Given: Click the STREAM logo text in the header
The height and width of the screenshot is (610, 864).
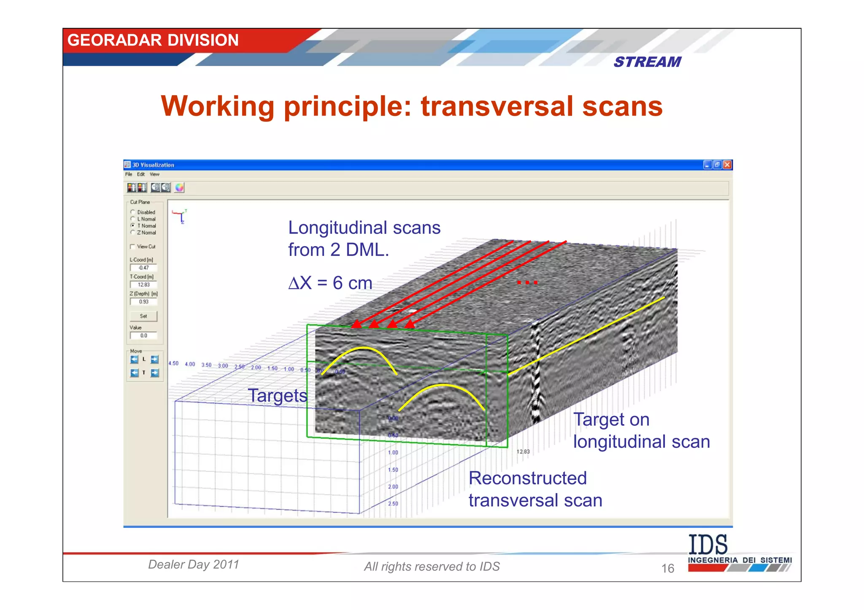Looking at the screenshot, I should [647, 62].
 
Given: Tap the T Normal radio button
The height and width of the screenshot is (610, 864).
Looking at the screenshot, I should [133, 226].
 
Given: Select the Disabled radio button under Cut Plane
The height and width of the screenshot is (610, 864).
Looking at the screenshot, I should [133, 212].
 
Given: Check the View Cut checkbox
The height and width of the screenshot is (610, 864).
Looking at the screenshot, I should [132, 247].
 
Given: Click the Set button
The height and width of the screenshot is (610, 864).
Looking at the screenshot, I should [143, 316].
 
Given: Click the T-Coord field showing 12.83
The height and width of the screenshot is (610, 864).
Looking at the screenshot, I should [143, 285].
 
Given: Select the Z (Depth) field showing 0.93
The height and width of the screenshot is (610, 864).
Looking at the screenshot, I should [143, 302].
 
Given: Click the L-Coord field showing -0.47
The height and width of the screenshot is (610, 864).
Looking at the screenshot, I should [143, 268].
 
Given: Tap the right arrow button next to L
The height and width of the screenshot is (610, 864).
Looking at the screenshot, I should [155, 359].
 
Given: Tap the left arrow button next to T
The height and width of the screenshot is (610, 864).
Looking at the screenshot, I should [134, 373].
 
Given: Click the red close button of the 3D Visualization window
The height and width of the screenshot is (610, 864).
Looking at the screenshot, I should [727, 165].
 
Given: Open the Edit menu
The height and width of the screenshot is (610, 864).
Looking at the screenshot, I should [141, 174].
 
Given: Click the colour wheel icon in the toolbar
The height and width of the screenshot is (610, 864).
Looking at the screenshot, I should [179, 188].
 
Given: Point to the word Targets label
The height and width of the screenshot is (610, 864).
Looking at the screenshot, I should [277, 395].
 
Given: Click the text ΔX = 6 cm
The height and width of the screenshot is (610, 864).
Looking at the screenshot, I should [330, 283].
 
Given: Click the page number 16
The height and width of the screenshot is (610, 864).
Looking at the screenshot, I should [667, 568].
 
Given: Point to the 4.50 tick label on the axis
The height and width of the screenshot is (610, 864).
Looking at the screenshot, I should [173, 363].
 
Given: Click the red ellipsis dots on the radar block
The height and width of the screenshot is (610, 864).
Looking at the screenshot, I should [527, 282].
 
